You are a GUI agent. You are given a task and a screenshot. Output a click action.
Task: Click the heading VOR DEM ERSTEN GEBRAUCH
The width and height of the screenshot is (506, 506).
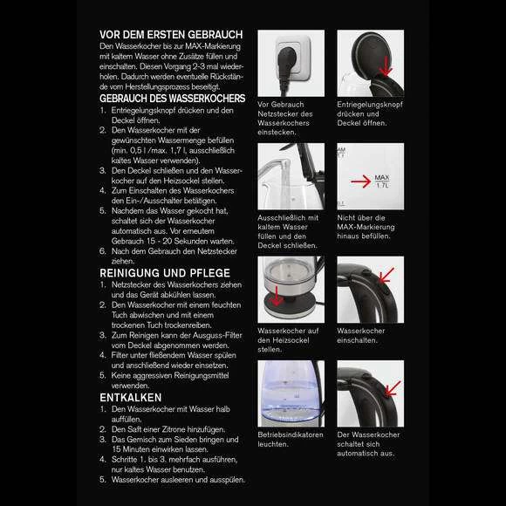pos(171,35)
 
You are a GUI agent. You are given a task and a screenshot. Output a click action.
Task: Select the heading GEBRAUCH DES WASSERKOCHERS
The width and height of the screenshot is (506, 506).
pos(173,98)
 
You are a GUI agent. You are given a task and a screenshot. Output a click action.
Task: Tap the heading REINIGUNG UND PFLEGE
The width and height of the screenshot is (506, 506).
pos(165,273)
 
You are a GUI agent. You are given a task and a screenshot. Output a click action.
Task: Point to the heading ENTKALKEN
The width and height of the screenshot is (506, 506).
pos(131,398)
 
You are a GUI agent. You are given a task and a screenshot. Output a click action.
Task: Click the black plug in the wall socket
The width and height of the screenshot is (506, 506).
pos(285,66)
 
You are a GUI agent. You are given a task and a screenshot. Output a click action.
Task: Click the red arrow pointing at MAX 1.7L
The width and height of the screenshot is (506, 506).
pos(361,181)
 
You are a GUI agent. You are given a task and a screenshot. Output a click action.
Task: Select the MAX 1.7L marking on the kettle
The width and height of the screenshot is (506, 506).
pos(382,181)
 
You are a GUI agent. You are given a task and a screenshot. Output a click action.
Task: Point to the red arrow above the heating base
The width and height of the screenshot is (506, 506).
pos(277,295)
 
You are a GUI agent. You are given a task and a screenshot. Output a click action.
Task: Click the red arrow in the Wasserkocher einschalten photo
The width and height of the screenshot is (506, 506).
pos(386,275)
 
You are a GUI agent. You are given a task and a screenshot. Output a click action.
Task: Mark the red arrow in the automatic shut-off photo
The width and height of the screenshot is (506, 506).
pos(393,388)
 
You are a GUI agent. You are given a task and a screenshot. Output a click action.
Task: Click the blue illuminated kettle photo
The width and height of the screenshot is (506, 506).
pos(291,393)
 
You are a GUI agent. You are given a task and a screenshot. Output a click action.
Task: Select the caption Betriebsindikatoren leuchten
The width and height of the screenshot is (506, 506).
pos(291,439)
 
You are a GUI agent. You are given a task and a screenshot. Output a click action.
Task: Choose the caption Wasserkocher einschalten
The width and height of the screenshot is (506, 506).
pos(361,336)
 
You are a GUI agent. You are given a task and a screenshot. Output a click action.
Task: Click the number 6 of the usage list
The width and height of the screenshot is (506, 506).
pos(103,251)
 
